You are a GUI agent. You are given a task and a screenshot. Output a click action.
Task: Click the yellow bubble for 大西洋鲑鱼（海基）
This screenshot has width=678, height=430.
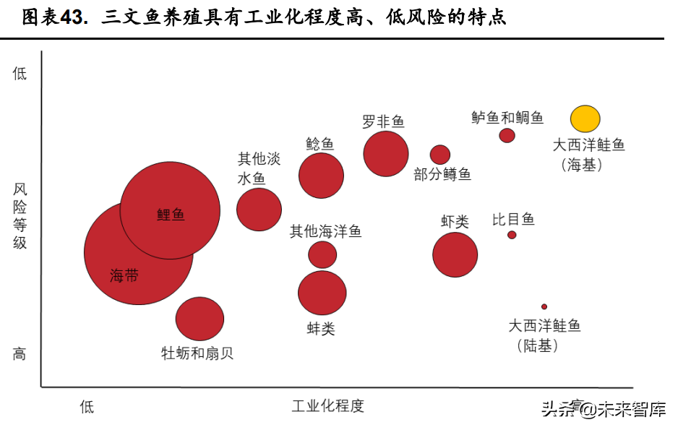tap(585, 119)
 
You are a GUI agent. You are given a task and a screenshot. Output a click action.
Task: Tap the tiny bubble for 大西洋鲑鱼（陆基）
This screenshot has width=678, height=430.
tap(544, 306)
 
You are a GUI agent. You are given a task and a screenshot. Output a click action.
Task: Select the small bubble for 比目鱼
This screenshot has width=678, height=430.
tap(512, 235)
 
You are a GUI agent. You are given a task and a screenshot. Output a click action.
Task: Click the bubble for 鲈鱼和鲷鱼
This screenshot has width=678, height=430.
tap(507, 135)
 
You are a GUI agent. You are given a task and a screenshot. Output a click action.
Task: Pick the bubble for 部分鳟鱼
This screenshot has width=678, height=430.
tap(440, 155)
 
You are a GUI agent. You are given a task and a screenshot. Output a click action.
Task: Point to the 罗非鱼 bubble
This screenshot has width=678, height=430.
tap(386, 153)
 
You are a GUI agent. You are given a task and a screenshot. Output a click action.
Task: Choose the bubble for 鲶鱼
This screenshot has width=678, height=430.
tap(321, 176)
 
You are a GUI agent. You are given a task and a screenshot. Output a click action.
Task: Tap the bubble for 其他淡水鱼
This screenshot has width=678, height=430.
tap(259, 210)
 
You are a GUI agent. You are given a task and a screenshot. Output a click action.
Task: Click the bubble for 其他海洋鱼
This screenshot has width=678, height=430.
tap(322, 254)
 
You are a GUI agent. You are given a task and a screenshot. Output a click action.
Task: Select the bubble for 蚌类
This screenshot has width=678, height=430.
tap(322, 293)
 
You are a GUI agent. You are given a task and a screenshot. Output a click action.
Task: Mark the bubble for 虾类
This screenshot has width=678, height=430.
tap(455, 254)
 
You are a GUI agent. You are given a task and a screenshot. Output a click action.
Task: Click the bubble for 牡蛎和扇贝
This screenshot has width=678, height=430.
tap(199, 319)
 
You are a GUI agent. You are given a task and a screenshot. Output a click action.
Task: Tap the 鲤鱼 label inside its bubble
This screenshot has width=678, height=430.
tap(171, 214)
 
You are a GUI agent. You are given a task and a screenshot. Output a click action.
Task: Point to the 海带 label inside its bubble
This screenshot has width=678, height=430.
tap(124, 275)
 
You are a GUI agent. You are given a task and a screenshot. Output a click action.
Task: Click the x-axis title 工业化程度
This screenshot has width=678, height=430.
tap(327, 405)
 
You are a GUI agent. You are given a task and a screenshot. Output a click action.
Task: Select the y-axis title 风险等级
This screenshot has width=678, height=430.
tap(20, 216)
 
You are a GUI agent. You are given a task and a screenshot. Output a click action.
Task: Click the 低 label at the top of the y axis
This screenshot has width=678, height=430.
tap(20, 73)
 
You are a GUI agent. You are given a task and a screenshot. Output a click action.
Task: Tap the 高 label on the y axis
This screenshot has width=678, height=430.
tap(20, 353)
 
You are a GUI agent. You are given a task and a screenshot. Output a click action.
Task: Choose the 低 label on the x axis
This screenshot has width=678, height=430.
tap(87, 406)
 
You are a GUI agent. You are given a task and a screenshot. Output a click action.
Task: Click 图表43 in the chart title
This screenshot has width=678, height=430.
tap(53, 17)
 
